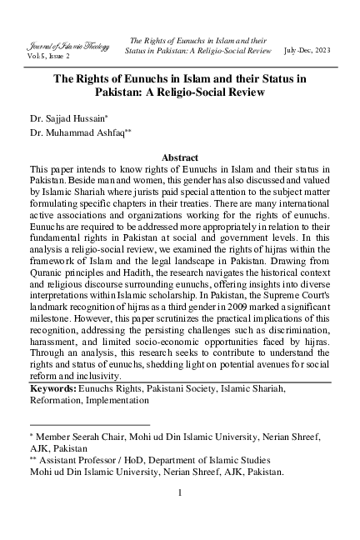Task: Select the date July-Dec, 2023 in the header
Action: [x=307, y=50]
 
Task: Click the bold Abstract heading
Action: [x=179, y=157]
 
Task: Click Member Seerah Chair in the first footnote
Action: [x=77, y=435]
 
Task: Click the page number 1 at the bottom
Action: [x=179, y=492]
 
